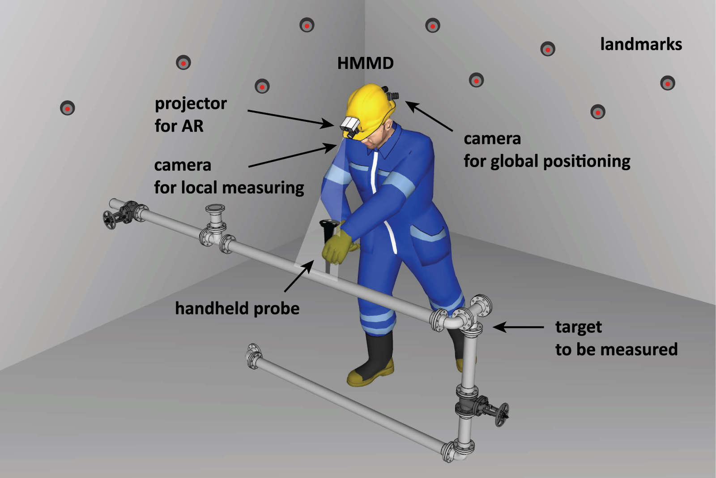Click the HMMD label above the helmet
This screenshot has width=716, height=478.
pos(365,63)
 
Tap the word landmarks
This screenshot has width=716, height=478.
pos(641,44)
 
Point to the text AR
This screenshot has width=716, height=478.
pos(192,126)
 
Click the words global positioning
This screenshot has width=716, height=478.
pos(560,161)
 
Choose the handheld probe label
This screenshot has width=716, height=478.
pos(237,308)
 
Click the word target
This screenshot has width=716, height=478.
pos(579,327)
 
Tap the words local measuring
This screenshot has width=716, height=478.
pos(243,188)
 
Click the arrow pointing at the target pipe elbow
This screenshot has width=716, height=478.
pos(518,327)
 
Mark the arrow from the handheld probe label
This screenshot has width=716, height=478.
pos(298,276)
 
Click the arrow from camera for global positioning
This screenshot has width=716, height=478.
pos(429,116)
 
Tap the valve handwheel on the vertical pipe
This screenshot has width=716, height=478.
pos(501,415)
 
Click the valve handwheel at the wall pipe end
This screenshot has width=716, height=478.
pos(109,220)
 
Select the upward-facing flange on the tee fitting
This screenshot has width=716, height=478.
pos(215,208)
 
